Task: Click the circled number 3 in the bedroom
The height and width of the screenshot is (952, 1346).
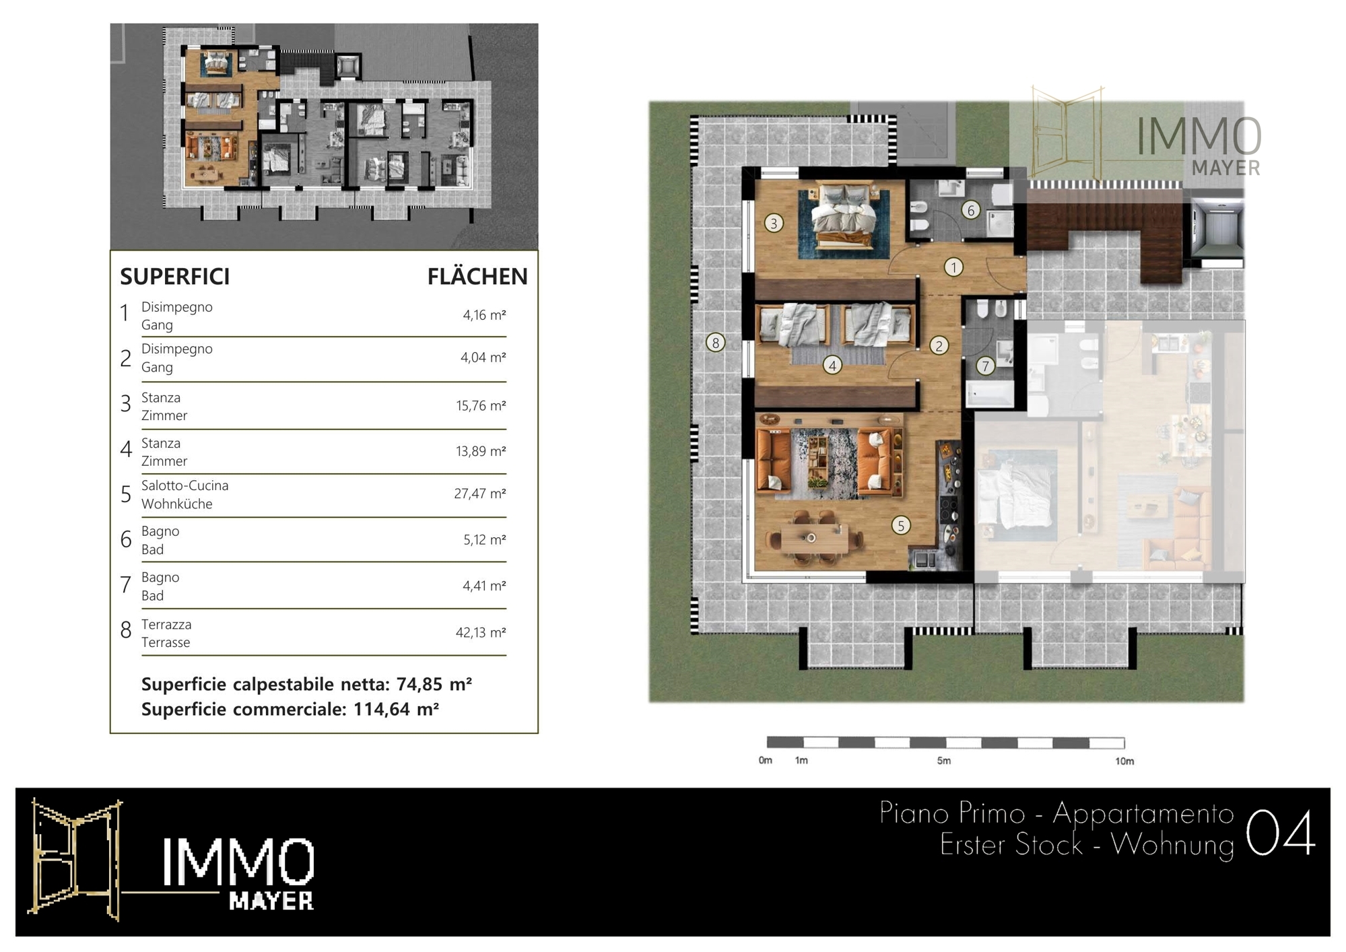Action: tap(774, 223)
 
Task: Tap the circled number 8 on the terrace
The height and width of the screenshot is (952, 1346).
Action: tap(715, 343)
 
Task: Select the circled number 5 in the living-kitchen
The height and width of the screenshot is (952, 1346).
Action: tap(900, 525)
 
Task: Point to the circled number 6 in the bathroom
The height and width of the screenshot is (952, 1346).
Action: tap(970, 210)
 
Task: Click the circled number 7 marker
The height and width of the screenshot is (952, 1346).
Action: tap(985, 366)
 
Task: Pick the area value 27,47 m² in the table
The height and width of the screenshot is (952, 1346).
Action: tap(479, 494)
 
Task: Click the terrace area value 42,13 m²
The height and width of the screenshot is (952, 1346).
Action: tap(481, 632)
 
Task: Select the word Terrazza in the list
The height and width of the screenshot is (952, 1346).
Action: tap(166, 624)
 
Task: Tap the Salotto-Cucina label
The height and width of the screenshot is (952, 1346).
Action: tap(184, 485)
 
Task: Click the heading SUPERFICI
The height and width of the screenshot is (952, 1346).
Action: tap(175, 277)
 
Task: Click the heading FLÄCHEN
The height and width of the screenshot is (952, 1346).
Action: tap(477, 276)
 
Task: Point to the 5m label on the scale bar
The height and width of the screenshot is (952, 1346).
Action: tap(944, 761)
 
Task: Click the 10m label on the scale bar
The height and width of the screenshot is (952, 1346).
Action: tap(1124, 761)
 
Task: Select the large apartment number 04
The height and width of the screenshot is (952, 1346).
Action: tap(1280, 832)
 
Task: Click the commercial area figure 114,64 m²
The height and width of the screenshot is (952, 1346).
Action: tap(396, 709)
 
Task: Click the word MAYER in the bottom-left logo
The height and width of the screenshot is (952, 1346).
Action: tap(271, 901)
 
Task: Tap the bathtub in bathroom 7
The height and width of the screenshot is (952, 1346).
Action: tap(990, 394)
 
